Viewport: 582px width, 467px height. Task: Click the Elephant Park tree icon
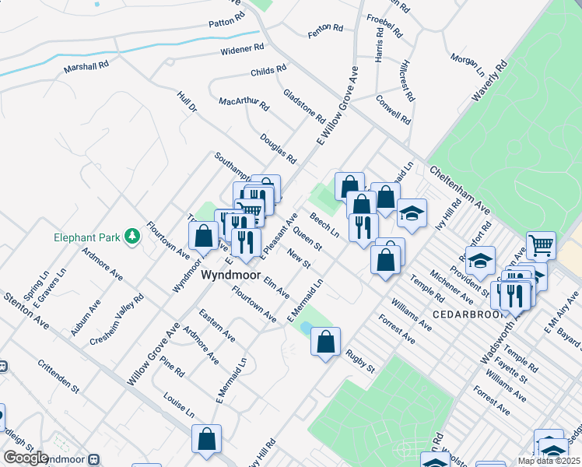132,235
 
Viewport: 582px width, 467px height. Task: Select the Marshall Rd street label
86,67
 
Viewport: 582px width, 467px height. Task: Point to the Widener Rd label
242,50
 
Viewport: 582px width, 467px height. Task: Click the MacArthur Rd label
244,102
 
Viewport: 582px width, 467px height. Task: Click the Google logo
26,458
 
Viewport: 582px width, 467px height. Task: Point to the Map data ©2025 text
549,461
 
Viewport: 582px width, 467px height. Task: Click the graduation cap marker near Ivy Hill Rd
412,212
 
